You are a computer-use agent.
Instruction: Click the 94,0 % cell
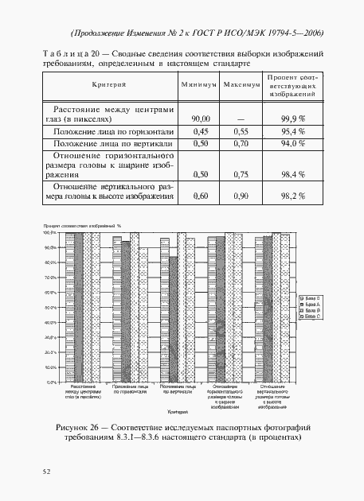[293, 143]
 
